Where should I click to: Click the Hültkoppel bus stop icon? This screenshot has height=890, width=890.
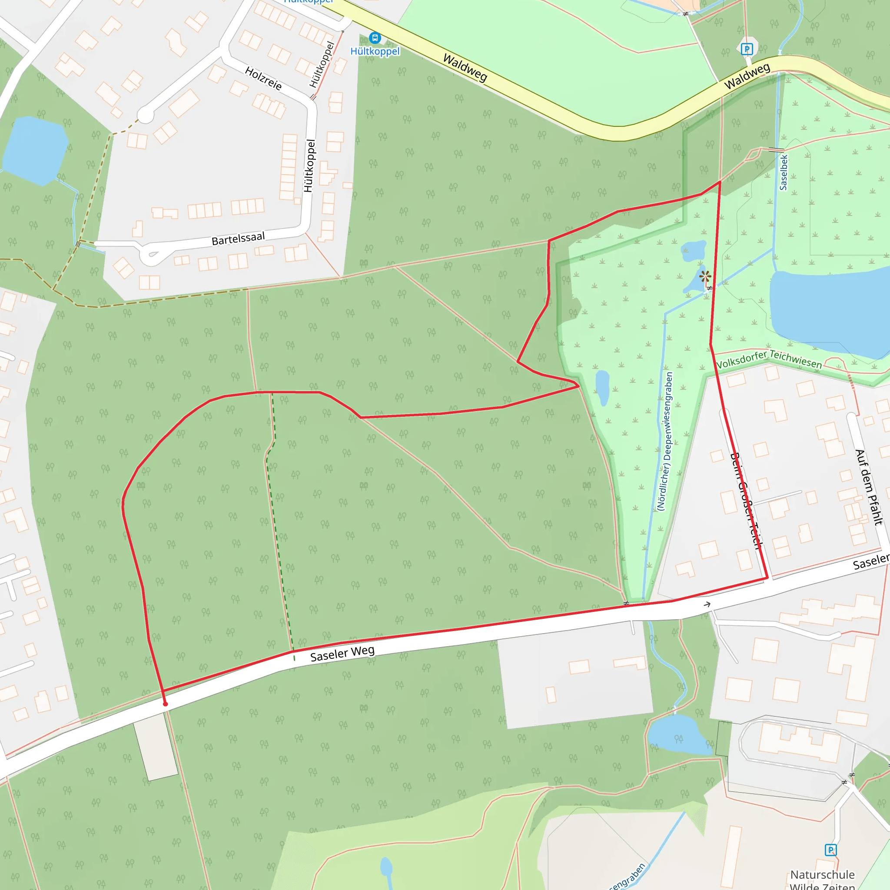(x=375, y=38)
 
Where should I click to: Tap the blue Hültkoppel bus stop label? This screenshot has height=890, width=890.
(x=375, y=51)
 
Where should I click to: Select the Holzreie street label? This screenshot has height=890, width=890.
(x=263, y=78)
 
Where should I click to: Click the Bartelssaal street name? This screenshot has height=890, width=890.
(x=238, y=239)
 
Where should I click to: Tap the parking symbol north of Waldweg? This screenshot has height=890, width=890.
(x=747, y=49)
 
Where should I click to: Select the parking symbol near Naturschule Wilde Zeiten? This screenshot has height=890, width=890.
(x=830, y=850)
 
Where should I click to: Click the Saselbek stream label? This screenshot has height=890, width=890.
(x=783, y=172)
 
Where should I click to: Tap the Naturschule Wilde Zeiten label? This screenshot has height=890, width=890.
(x=822, y=880)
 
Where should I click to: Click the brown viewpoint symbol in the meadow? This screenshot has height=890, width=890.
(x=705, y=276)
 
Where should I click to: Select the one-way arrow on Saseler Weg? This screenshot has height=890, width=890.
(x=707, y=604)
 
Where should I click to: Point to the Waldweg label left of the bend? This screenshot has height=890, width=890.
(x=465, y=68)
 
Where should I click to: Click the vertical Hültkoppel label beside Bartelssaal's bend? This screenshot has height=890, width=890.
(x=309, y=166)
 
